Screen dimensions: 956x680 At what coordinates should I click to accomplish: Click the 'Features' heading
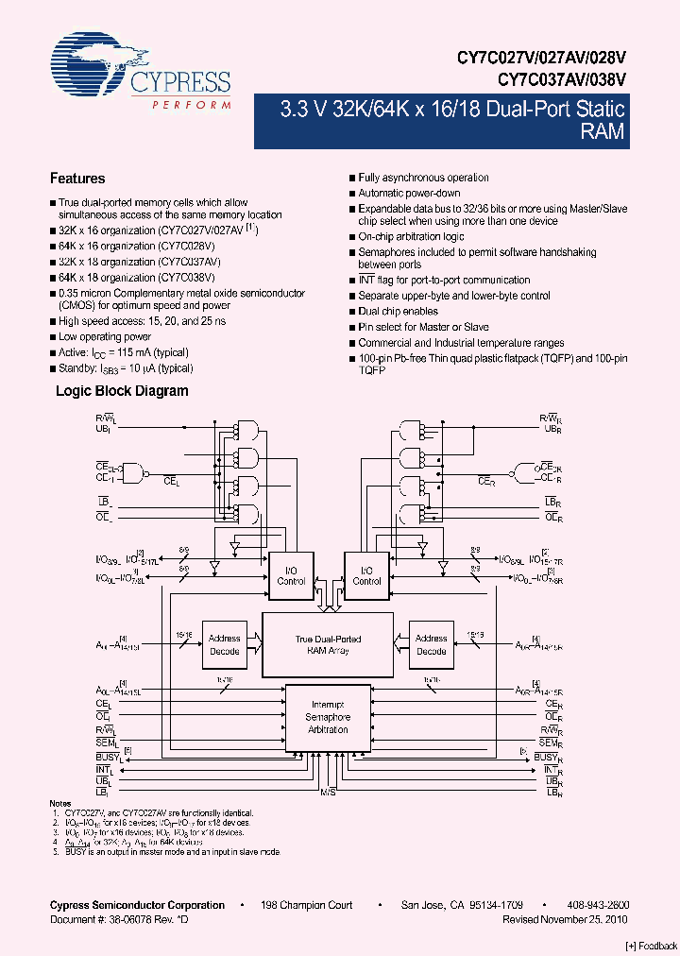[76, 179]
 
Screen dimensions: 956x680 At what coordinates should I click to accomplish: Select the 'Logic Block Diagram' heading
[122, 391]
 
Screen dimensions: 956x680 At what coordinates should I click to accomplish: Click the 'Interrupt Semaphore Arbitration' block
[328, 717]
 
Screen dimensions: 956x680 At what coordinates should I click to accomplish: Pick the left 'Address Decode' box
[224, 645]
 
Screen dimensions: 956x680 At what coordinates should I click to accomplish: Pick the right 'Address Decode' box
[431, 645]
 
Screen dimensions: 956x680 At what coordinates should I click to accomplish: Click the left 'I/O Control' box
[291, 575]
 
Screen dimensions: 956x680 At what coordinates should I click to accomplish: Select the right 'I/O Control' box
[366, 575]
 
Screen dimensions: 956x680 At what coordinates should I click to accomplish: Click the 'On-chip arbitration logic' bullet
[411, 236]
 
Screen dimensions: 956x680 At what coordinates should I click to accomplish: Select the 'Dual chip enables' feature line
[398, 311]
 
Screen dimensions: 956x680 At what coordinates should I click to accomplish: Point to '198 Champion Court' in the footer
[307, 905]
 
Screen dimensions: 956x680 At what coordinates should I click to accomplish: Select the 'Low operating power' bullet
[104, 337]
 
